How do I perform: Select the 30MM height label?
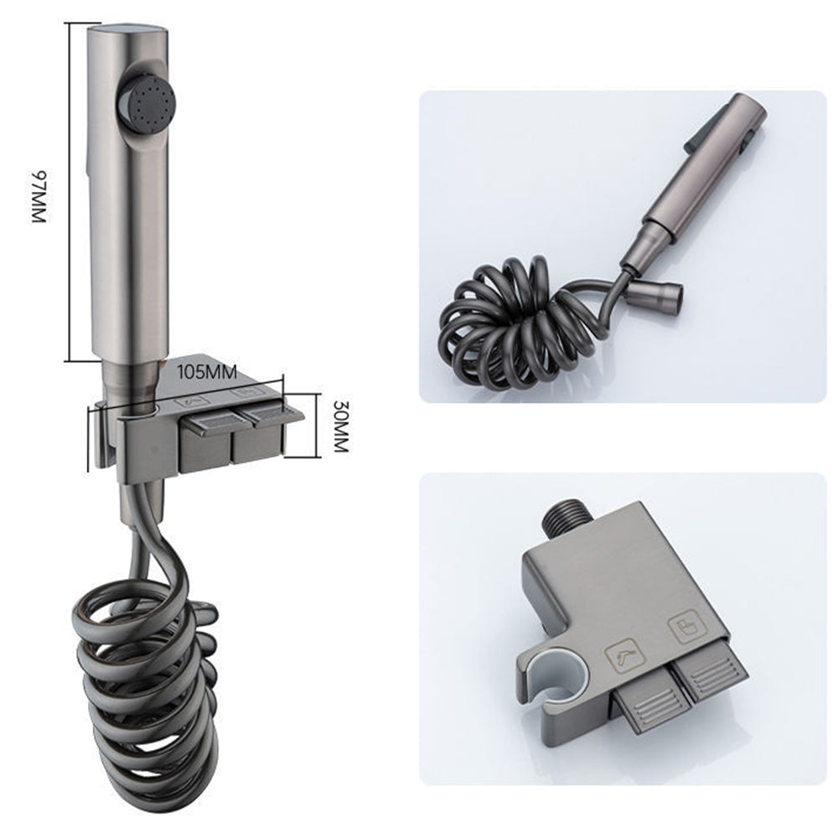339,426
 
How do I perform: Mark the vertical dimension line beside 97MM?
67,193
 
